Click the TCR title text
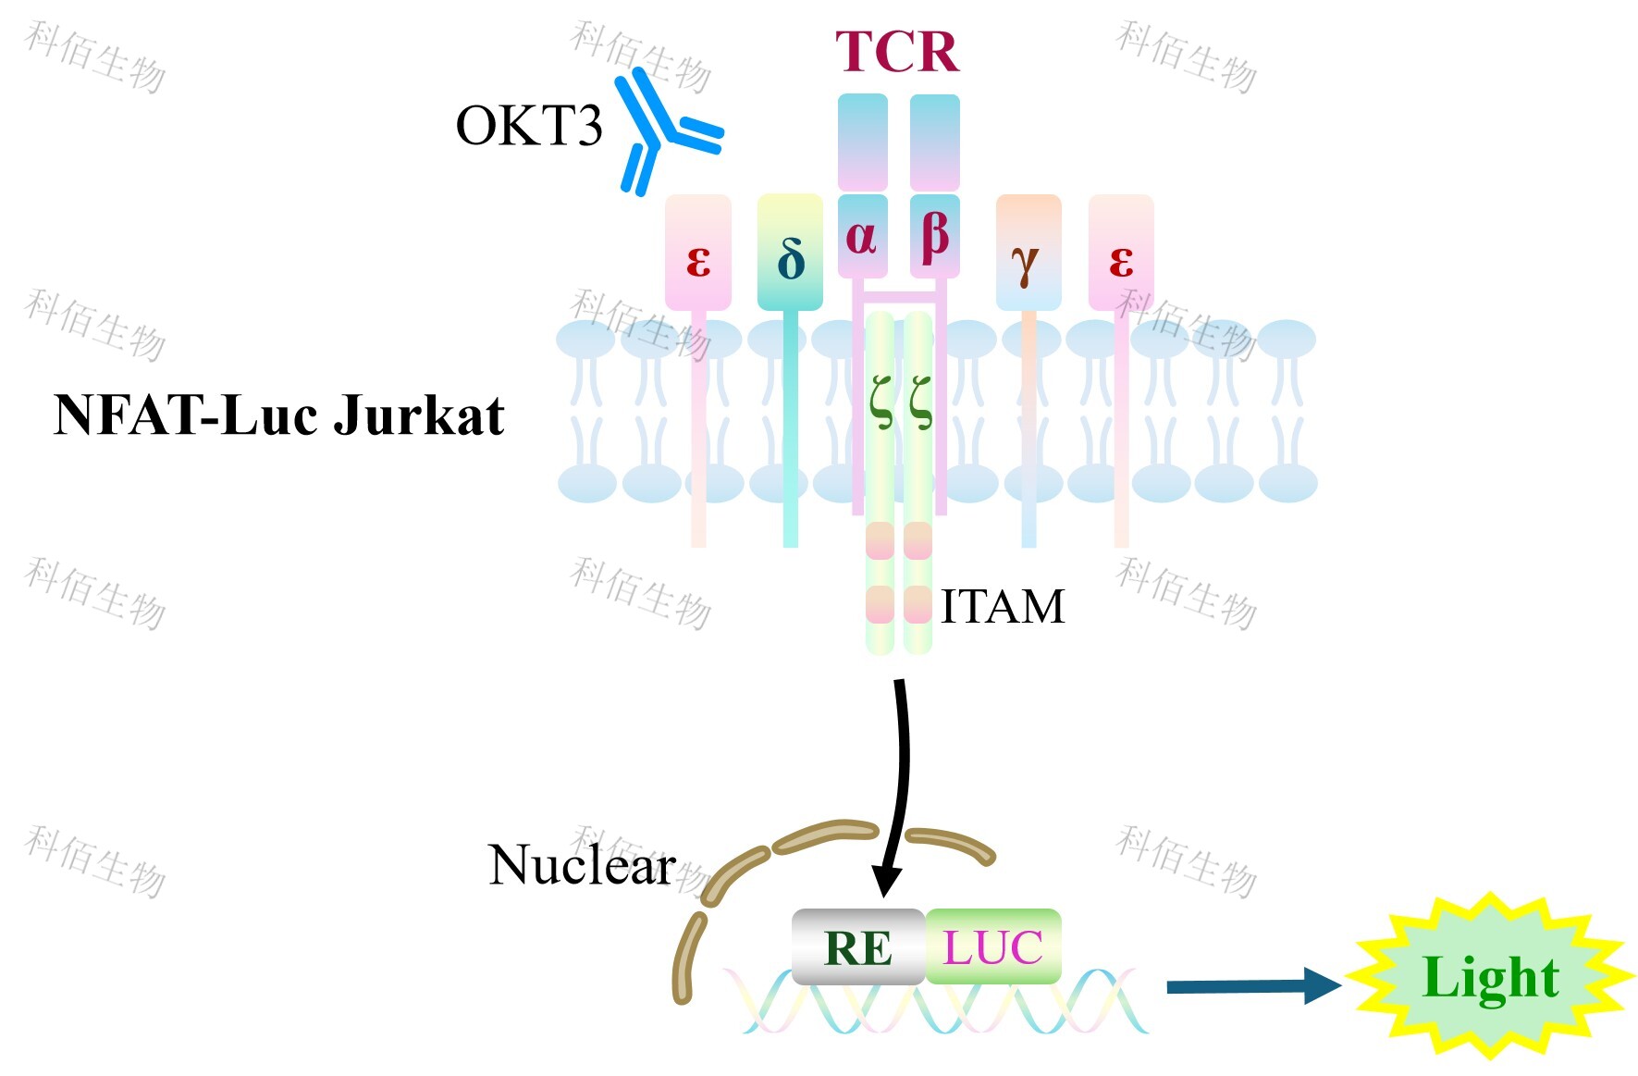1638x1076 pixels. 896,52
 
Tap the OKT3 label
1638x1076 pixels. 528,126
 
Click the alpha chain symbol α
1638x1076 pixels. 861,237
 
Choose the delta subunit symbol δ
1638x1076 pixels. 790,259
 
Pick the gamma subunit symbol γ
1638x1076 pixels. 1026,263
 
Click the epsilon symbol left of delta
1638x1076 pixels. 698,261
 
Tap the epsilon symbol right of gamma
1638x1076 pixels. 1121,261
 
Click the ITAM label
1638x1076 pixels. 1003,607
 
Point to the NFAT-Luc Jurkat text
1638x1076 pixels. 279,414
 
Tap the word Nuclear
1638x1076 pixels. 582,865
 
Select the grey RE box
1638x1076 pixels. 858,946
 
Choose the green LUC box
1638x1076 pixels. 992,946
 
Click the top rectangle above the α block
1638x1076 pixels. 862,142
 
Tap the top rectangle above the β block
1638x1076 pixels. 934,142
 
